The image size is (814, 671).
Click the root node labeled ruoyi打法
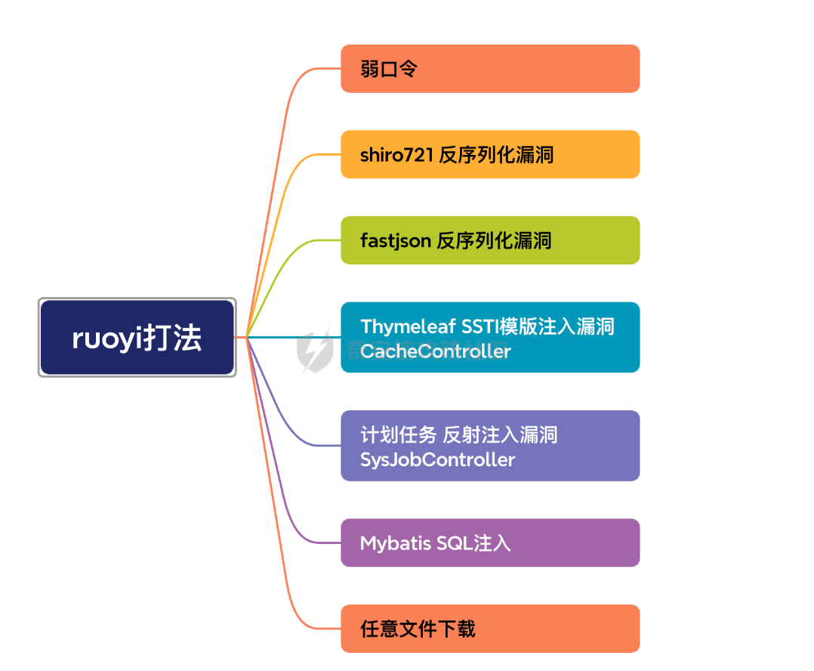137,337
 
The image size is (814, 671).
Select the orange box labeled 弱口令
490,69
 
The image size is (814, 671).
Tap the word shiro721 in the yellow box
396,155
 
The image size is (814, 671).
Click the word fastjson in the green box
396,241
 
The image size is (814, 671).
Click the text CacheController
436,351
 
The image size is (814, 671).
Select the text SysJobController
437,459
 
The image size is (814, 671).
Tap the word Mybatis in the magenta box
396,543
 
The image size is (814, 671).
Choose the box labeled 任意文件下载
490,628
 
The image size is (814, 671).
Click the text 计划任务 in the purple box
398,434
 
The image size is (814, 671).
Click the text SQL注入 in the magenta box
473,543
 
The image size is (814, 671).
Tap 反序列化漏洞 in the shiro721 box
496,155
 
